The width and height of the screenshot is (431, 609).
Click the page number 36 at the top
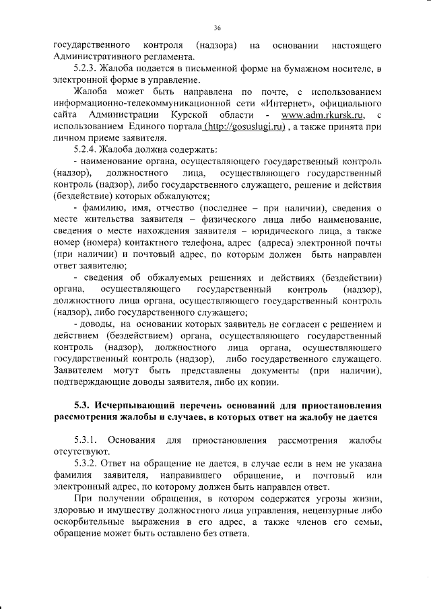[x=218, y=27]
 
